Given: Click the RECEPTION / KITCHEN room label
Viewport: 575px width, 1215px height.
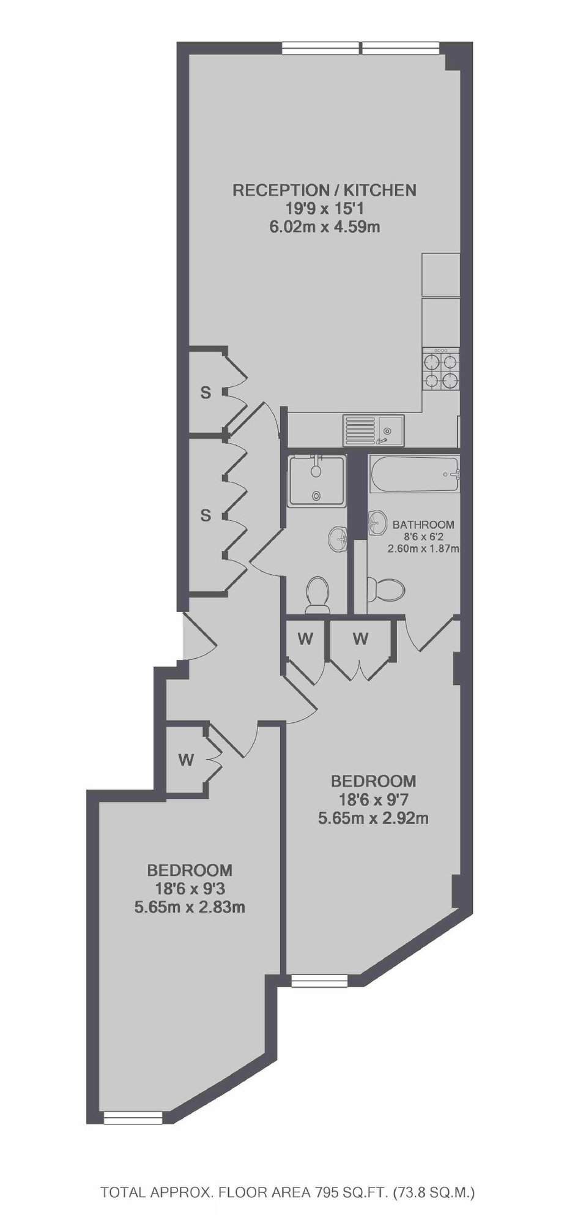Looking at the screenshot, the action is [324, 190].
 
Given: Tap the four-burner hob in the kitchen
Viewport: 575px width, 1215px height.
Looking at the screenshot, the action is [441, 371].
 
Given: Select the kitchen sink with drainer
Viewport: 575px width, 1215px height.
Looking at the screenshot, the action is [373, 430].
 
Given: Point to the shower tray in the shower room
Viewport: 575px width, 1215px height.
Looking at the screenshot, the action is [317, 480].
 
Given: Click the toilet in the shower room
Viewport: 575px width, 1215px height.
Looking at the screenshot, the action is [317, 594].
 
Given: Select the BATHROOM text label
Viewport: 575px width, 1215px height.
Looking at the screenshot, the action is [423, 525].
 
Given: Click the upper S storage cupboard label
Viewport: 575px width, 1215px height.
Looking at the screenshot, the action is [206, 393].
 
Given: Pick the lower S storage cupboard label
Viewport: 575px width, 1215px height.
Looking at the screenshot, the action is [206, 516].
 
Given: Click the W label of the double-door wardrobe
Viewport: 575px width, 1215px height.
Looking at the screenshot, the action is [361, 639].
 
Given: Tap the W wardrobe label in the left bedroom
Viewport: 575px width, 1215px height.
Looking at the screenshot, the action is [186, 760].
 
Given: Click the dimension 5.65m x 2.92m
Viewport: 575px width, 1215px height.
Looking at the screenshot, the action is [373, 818].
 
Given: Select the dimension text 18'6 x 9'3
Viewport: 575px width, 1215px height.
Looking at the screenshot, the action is [190, 888].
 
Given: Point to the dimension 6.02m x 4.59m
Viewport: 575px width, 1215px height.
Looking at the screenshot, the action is [324, 227].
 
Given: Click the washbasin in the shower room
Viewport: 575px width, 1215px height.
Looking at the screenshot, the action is [338, 539].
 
